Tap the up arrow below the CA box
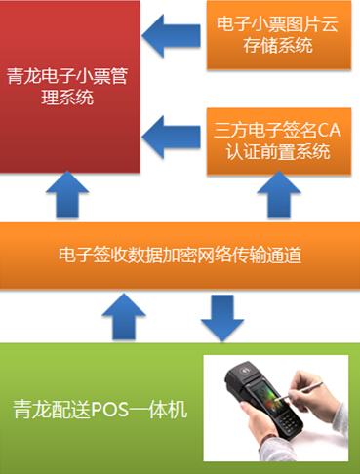[276, 196]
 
